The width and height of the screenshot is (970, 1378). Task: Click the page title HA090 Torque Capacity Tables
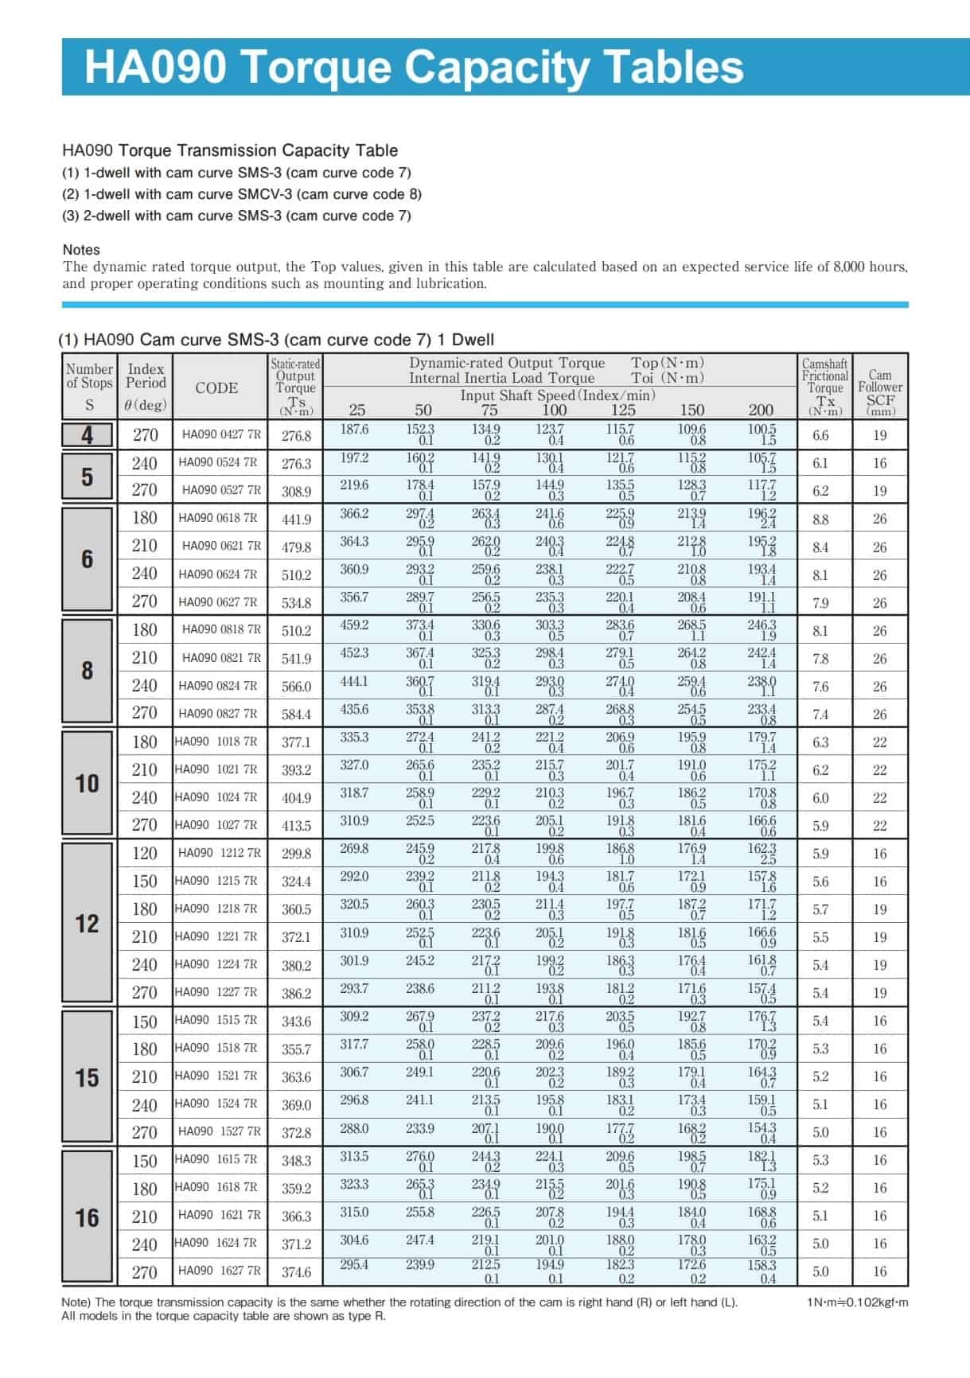(x=414, y=67)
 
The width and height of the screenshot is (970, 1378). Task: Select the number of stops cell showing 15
(x=87, y=1078)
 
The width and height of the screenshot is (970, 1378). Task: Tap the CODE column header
(x=216, y=387)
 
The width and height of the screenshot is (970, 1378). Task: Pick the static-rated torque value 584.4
(x=296, y=714)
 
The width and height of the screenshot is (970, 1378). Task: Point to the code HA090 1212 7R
(x=220, y=853)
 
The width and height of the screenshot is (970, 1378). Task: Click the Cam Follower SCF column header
(x=879, y=388)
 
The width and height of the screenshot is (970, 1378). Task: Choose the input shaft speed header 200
(x=761, y=410)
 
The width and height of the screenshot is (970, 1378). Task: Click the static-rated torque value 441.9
(x=296, y=520)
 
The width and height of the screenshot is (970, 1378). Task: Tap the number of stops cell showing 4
(x=87, y=435)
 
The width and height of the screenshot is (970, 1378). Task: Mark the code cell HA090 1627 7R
(x=220, y=1271)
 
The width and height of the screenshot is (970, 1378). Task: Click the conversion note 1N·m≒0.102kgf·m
(x=857, y=1302)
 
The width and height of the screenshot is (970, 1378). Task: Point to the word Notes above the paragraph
(x=81, y=250)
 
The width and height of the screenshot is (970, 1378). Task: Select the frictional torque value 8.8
(x=820, y=520)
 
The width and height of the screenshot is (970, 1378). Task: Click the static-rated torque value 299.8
(x=296, y=854)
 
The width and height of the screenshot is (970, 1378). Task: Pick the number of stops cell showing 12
(x=87, y=924)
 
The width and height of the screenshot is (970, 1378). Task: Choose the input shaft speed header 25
(x=357, y=410)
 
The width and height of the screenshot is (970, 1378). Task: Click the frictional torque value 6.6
(x=820, y=435)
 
